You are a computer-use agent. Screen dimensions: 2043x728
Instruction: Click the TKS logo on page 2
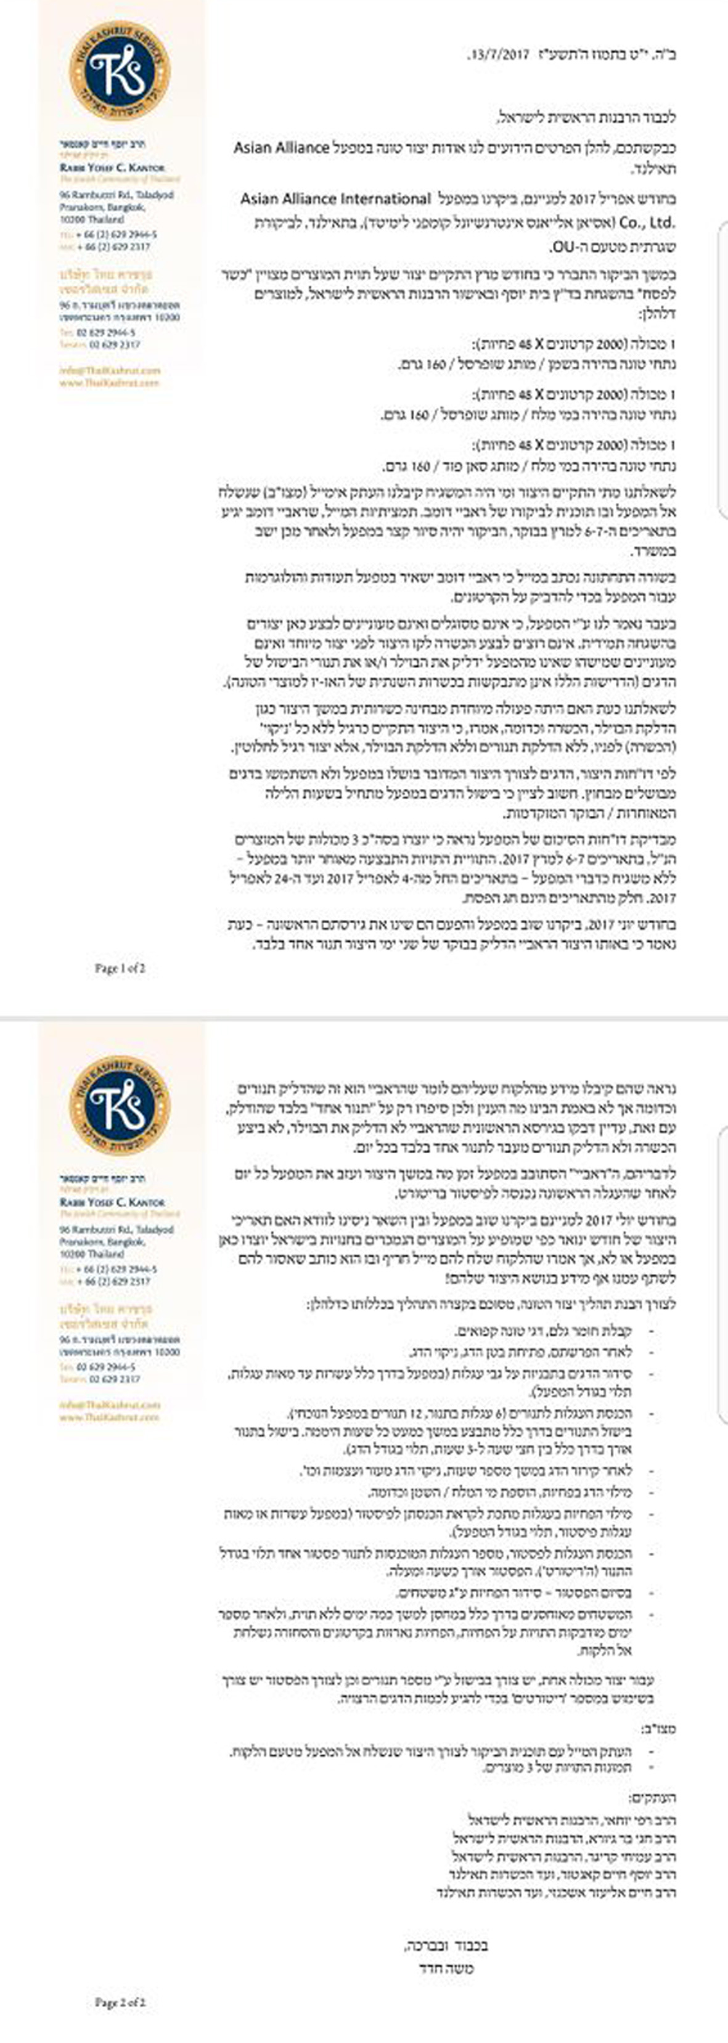click(x=119, y=1105)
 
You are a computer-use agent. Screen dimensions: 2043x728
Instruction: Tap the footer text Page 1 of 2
click(x=120, y=968)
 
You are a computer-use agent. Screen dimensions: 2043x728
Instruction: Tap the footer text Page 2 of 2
click(x=120, y=2002)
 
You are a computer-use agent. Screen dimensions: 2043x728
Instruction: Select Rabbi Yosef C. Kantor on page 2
click(x=111, y=1202)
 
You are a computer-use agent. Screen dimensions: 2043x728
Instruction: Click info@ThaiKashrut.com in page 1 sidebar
click(x=110, y=370)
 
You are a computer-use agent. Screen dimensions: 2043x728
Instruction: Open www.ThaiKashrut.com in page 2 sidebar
click(x=110, y=1416)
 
